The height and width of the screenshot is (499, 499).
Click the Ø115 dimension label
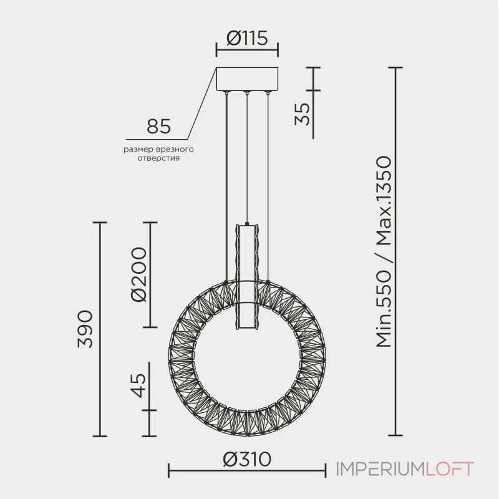pos(247,38)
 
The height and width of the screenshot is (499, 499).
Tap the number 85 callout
pos(159,127)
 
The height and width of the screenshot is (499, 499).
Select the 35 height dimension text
pos(302,114)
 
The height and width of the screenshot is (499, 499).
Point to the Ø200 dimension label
pos(139,274)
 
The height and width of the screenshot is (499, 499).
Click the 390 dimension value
pos(85,329)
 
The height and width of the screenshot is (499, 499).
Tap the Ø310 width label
pos(247,460)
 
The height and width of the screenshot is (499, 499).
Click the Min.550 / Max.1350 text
pos(384,251)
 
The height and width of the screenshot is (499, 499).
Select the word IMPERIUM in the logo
pos(380,470)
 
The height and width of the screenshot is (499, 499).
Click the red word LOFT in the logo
pos(450,470)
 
